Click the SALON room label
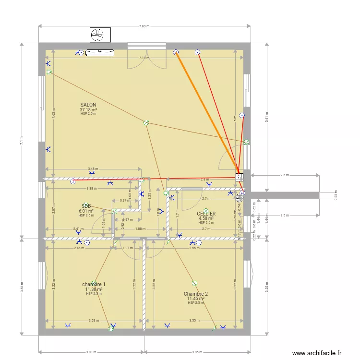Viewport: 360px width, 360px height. [x=88, y=105]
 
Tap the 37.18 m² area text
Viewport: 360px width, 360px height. [x=88, y=109]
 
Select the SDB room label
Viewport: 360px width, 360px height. [x=86, y=205]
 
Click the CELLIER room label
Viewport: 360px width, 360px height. [x=206, y=214]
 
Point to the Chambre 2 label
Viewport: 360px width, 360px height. [x=196, y=294]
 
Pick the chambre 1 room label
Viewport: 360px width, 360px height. [x=94, y=284]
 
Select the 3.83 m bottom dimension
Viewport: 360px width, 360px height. [x=91, y=352]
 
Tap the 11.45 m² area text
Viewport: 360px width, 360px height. [x=196, y=299]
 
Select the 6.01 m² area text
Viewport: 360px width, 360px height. [x=86, y=211]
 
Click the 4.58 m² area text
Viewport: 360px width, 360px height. [x=206, y=218]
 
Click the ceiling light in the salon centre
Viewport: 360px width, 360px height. [x=146, y=123]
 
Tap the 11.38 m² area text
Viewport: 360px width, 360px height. [x=94, y=289]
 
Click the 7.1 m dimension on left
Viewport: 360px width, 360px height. [x=22, y=140]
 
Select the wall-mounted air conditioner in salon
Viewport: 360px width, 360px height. [x=100, y=53]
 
